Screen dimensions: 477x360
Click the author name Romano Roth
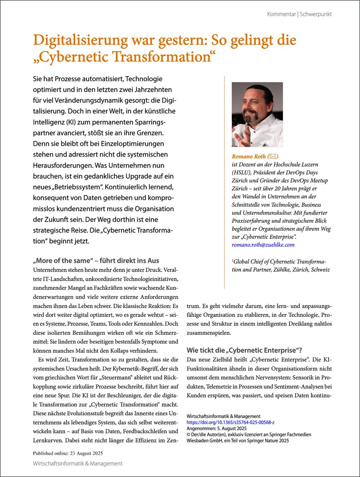click(x=248, y=157)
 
